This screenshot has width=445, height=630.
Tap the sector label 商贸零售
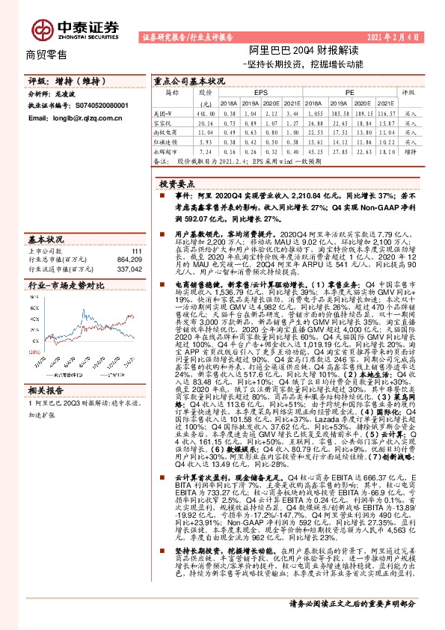pos(47,55)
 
